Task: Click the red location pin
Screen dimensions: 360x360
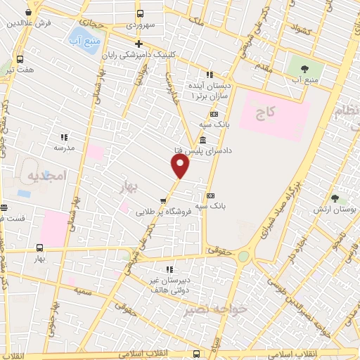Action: pos(181,166)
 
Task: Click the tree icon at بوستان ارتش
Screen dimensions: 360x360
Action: pos(335,198)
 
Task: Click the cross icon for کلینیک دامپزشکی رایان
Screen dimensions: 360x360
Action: pos(139,44)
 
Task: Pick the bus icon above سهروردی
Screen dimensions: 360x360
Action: pos(140,13)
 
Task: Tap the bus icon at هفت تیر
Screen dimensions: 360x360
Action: pos(19,59)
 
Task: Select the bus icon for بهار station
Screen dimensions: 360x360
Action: pos(39,247)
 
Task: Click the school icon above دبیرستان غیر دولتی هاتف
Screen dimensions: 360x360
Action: pos(169,269)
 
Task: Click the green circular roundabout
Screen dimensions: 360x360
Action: pos(243,257)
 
